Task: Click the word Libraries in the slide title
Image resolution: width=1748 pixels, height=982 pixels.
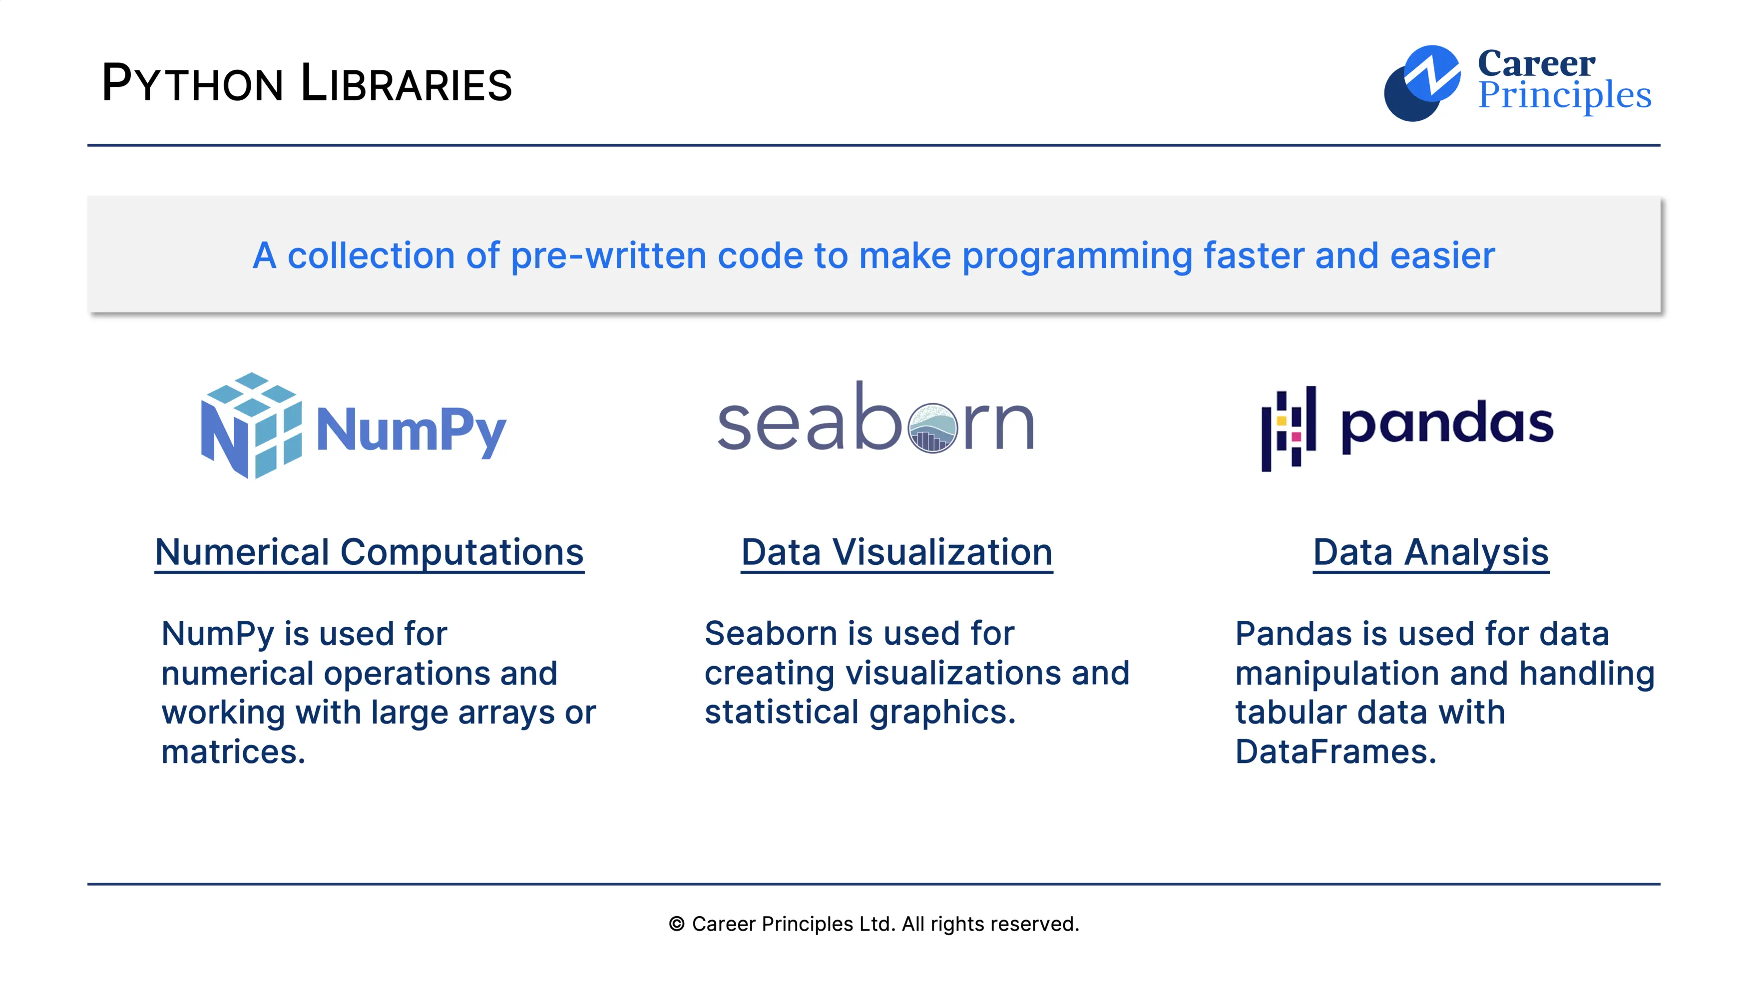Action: click(406, 84)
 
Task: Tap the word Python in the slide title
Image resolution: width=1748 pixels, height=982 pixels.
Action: click(192, 84)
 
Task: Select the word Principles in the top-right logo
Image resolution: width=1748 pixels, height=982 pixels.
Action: click(1564, 96)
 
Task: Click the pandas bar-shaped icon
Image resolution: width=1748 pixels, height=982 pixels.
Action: click(1288, 429)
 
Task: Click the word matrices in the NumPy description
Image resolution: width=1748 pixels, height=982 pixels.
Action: click(233, 752)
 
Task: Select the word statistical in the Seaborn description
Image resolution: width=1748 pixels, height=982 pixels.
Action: click(782, 713)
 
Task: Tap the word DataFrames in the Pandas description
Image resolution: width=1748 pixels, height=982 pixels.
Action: click(1335, 752)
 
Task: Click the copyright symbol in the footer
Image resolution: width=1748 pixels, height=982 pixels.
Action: click(677, 924)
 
